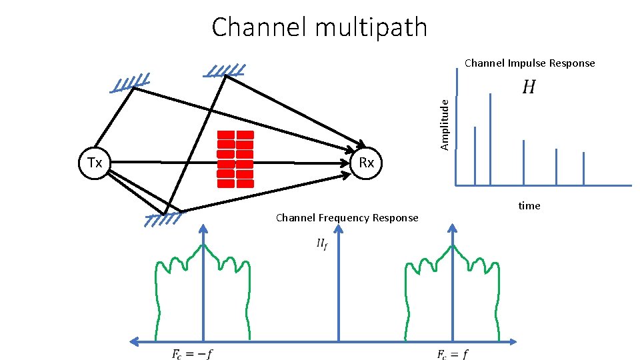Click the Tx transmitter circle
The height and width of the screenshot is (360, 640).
pyautogui.click(x=94, y=163)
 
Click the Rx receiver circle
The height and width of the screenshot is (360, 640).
pyautogui.click(x=367, y=163)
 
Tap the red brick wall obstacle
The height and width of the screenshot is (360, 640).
pyautogui.click(x=235, y=159)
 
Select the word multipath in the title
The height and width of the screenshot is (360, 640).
pyautogui.click(x=363, y=27)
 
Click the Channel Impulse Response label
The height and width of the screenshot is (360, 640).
pyautogui.click(x=529, y=63)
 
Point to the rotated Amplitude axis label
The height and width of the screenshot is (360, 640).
pyautogui.click(x=446, y=123)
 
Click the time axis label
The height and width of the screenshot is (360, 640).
pyautogui.click(x=529, y=205)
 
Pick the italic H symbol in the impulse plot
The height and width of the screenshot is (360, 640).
pyautogui.click(x=528, y=87)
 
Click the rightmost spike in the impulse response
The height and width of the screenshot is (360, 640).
pyautogui.click(x=583, y=168)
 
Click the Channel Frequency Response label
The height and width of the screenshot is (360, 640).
pyautogui.click(x=347, y=218)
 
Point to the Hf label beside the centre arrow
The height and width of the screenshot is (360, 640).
pyautogui.click(x=321, y=245)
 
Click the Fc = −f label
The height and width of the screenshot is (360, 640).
pyautogui.click(x=192, y=354)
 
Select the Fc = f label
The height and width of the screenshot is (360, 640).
pyautogui.click(x=452, y=354)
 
